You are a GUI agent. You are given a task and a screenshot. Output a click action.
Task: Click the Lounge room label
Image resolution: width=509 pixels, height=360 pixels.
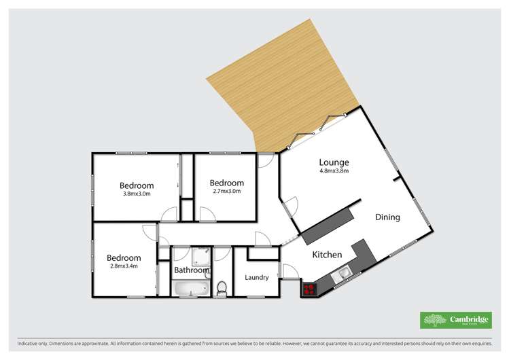pos(334,162)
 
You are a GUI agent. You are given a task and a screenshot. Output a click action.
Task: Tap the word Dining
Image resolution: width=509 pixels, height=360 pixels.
pos(387,217)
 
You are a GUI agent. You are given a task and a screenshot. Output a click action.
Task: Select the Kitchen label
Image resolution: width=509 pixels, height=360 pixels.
pos(327,255)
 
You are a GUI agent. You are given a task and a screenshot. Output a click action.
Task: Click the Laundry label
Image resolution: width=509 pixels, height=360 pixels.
pos(258,277)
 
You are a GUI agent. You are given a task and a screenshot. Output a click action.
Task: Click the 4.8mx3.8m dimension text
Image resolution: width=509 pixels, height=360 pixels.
pos(334,171)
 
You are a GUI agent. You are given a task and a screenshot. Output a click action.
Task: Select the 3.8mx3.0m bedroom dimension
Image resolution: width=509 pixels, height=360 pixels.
pos(137,194)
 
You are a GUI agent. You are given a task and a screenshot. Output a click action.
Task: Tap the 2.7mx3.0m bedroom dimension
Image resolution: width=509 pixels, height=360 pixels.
pos(226,191)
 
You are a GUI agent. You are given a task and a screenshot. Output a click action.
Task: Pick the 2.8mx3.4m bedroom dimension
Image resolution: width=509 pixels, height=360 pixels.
pos(124,266)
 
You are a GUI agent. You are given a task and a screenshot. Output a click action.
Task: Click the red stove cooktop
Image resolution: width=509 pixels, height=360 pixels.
pos(309,290)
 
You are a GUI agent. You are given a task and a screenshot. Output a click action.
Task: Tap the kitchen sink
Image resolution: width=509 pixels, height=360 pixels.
pos(344,273)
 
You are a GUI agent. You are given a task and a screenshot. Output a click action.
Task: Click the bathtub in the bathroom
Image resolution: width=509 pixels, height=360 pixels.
pos(192,288)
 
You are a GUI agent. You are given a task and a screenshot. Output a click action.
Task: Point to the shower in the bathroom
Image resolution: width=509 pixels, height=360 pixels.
pos(200,256)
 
